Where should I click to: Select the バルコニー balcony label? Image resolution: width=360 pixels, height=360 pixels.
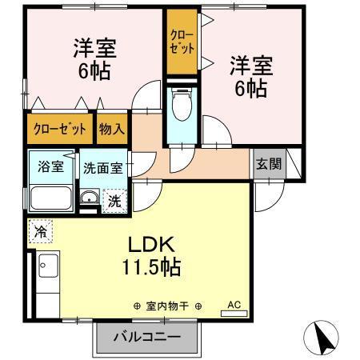click(145, 337)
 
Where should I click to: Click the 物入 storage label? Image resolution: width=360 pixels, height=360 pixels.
click(112, 128)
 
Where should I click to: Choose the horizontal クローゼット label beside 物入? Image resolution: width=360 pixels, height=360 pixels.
click(59, 128)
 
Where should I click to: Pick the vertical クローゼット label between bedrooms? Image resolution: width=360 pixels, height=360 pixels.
click(182, 42)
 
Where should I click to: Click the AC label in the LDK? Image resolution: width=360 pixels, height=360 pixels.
click(234, 305)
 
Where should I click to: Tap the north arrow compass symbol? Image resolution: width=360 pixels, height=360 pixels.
click(324, 336)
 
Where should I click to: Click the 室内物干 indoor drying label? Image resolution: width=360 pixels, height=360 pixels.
click(168, 306)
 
